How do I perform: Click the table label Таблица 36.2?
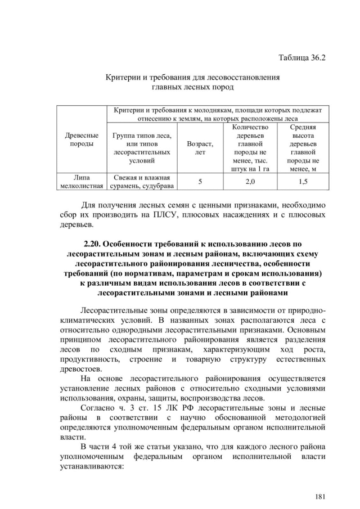click(302, 58)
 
